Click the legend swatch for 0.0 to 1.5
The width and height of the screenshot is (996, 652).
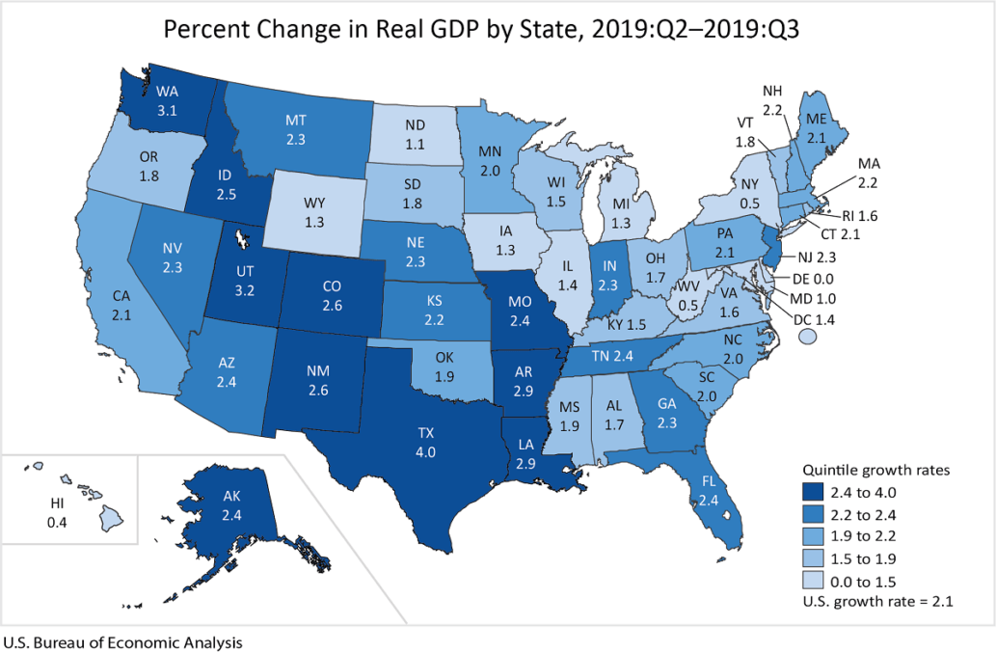[x=816, y=582]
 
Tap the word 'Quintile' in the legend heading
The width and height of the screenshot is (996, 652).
[x=829, y=471]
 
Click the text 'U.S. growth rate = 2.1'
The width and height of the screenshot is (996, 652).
[x=885, y=602]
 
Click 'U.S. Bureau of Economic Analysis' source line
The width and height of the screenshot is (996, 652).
[x=121, y=641]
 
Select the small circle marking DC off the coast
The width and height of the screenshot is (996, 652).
[x=809, y=335]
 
